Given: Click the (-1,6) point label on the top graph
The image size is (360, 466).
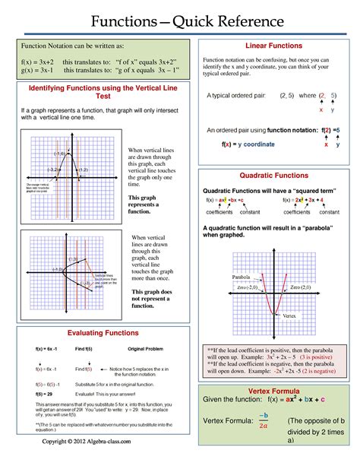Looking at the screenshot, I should [59, 154].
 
